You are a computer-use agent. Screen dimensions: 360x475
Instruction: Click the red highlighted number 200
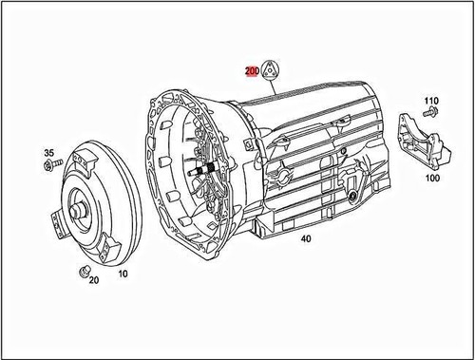[252, 71]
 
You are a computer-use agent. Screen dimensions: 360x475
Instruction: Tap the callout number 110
[430, 101]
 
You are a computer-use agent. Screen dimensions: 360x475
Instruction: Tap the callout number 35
[50, 152]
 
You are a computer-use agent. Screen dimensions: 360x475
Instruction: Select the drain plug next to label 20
[82, 272]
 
